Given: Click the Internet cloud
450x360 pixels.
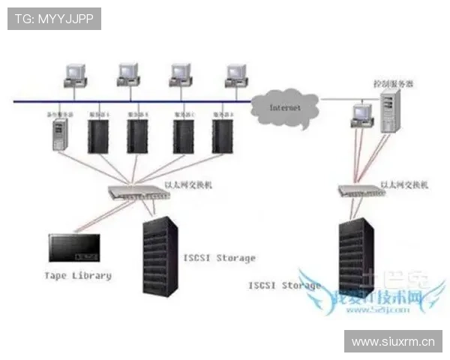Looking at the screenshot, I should pos(286,108).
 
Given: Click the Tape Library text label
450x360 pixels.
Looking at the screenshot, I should pos(77,275).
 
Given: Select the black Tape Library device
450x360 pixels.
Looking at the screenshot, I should pos(74,246).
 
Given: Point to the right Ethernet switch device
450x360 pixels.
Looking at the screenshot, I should pos(355,190).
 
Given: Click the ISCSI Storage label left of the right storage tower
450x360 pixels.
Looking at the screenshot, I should pos(284,285).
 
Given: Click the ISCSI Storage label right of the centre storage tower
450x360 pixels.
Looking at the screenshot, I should pos(219,258).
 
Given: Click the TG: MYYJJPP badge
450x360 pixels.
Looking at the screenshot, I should pos(54,18).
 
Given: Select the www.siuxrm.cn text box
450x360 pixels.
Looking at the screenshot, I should pos(392,341).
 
